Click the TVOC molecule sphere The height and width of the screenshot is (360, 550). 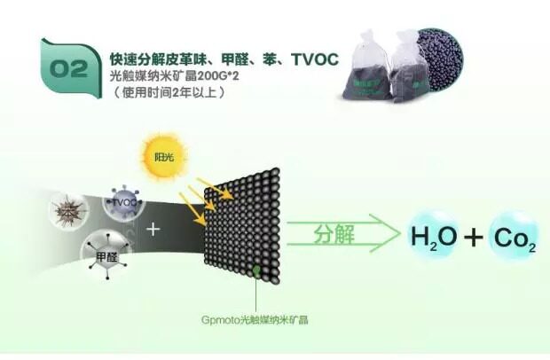click(x=123, y=203)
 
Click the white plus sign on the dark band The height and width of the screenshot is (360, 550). click(x=154, y=229)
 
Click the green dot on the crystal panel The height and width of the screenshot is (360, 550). click(x=255, y=267)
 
